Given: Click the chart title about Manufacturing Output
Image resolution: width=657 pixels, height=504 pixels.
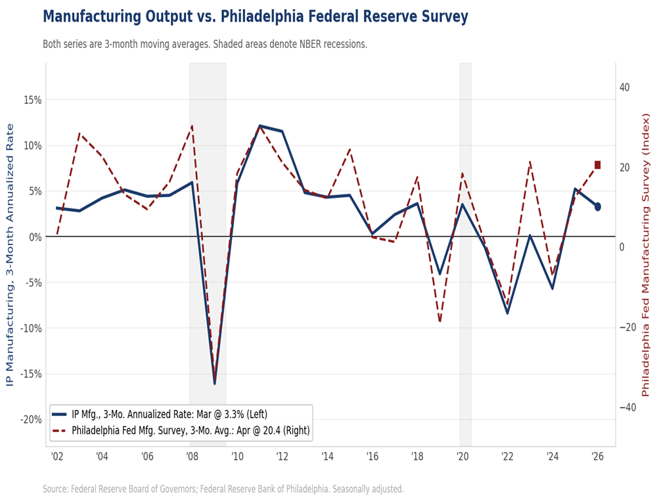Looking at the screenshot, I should click(x=255, y=16).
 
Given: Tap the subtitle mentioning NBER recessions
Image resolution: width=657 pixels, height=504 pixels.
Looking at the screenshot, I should click(x=204, y=45).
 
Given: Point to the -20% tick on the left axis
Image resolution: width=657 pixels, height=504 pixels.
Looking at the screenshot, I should click(x=30, y=419).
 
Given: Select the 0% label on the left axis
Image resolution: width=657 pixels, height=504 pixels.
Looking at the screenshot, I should click(x=35, y=237).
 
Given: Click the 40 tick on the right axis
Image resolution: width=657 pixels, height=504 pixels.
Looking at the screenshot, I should click(x=624, y=87).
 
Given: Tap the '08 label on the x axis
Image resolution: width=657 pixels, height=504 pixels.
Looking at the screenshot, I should click(x=191, y=457).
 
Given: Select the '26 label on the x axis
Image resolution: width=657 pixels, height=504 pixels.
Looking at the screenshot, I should click(x=597, y=457).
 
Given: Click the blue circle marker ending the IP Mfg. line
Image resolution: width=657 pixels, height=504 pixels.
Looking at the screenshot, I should click(x=597, y=206).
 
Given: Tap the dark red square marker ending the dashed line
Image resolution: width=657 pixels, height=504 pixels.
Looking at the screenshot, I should click(x=597, y=165).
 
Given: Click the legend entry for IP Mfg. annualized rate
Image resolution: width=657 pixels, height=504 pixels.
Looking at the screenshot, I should click(x=169, y=414).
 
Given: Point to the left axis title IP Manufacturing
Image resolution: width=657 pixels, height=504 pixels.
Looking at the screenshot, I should click(x=11, y=254).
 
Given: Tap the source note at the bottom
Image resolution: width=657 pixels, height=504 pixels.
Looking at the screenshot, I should click(x=223, y=490).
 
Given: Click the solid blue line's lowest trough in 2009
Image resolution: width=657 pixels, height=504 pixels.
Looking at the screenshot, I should click(x=214, y=383).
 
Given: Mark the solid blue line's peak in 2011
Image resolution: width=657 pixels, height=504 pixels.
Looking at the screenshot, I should click(x=260, y=126).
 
